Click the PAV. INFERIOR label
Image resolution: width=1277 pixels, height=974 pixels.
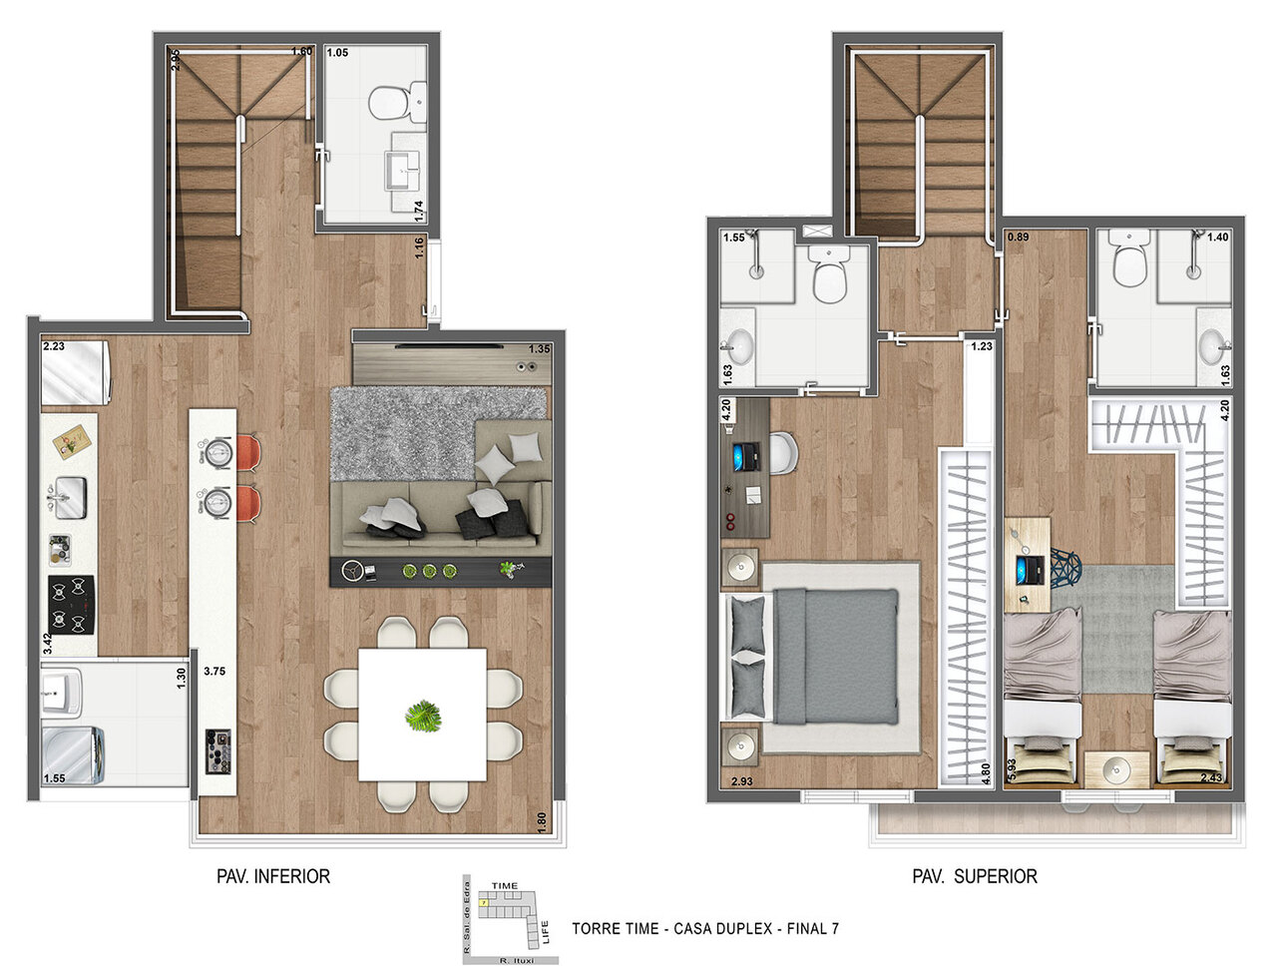pyautogui.click(x=273, y=876)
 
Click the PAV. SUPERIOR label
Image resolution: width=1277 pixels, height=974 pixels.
pyautogui.click(x=975, y=876)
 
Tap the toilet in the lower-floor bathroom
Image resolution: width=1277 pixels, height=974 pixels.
pyautogui.click(x=396, y=101)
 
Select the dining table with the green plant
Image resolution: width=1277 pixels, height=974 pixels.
pyautogui.click(x=422, y=715)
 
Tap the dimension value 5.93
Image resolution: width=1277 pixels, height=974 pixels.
pyautogui.click(x=1014, y=763)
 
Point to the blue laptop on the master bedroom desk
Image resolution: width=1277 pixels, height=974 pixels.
pyautogui.click(x=743, y=458)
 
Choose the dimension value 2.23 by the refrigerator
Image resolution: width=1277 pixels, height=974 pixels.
pyautogui.click(x=54, y=347)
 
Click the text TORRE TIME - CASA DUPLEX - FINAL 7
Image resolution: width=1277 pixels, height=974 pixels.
pyautogui.click(x=704, y=928)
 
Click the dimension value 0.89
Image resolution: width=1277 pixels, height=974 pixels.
pyautogui.click(x=1018, y=238)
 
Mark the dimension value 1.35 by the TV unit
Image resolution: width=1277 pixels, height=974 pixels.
pyautogui.click(x=539, y=349)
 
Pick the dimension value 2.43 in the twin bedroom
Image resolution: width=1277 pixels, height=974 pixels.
pyautogui.click(x=1211, y=778)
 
